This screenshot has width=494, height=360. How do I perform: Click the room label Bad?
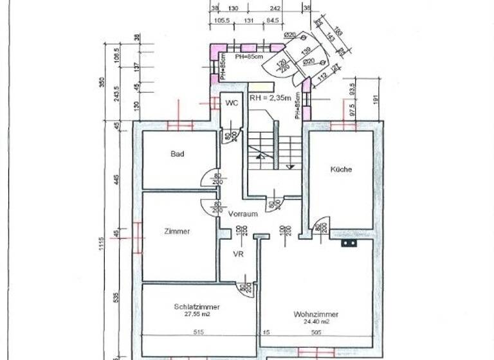click(x=178, y=154)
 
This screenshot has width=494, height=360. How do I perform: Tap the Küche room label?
click(x=341, y=170)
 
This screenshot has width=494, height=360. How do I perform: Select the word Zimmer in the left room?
click(x=177, y=231)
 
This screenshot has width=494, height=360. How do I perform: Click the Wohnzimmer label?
click(x=316, y=314)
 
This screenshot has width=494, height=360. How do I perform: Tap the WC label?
click(x=230, y=103)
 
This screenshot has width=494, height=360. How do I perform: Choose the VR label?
click(x=238, y=255)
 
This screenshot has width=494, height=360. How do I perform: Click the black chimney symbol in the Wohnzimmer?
click(x=349, y=244)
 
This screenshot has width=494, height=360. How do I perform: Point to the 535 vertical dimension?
click(x=116, y=297)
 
